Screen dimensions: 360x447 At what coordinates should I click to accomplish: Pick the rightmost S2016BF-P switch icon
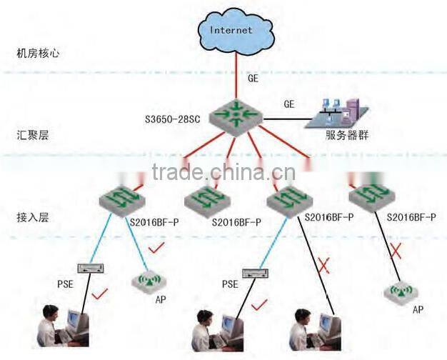371,195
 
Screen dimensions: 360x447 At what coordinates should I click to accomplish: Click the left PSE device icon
91,268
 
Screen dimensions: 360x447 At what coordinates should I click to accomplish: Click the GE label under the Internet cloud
253,77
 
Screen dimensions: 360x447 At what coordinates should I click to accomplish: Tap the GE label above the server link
288,104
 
